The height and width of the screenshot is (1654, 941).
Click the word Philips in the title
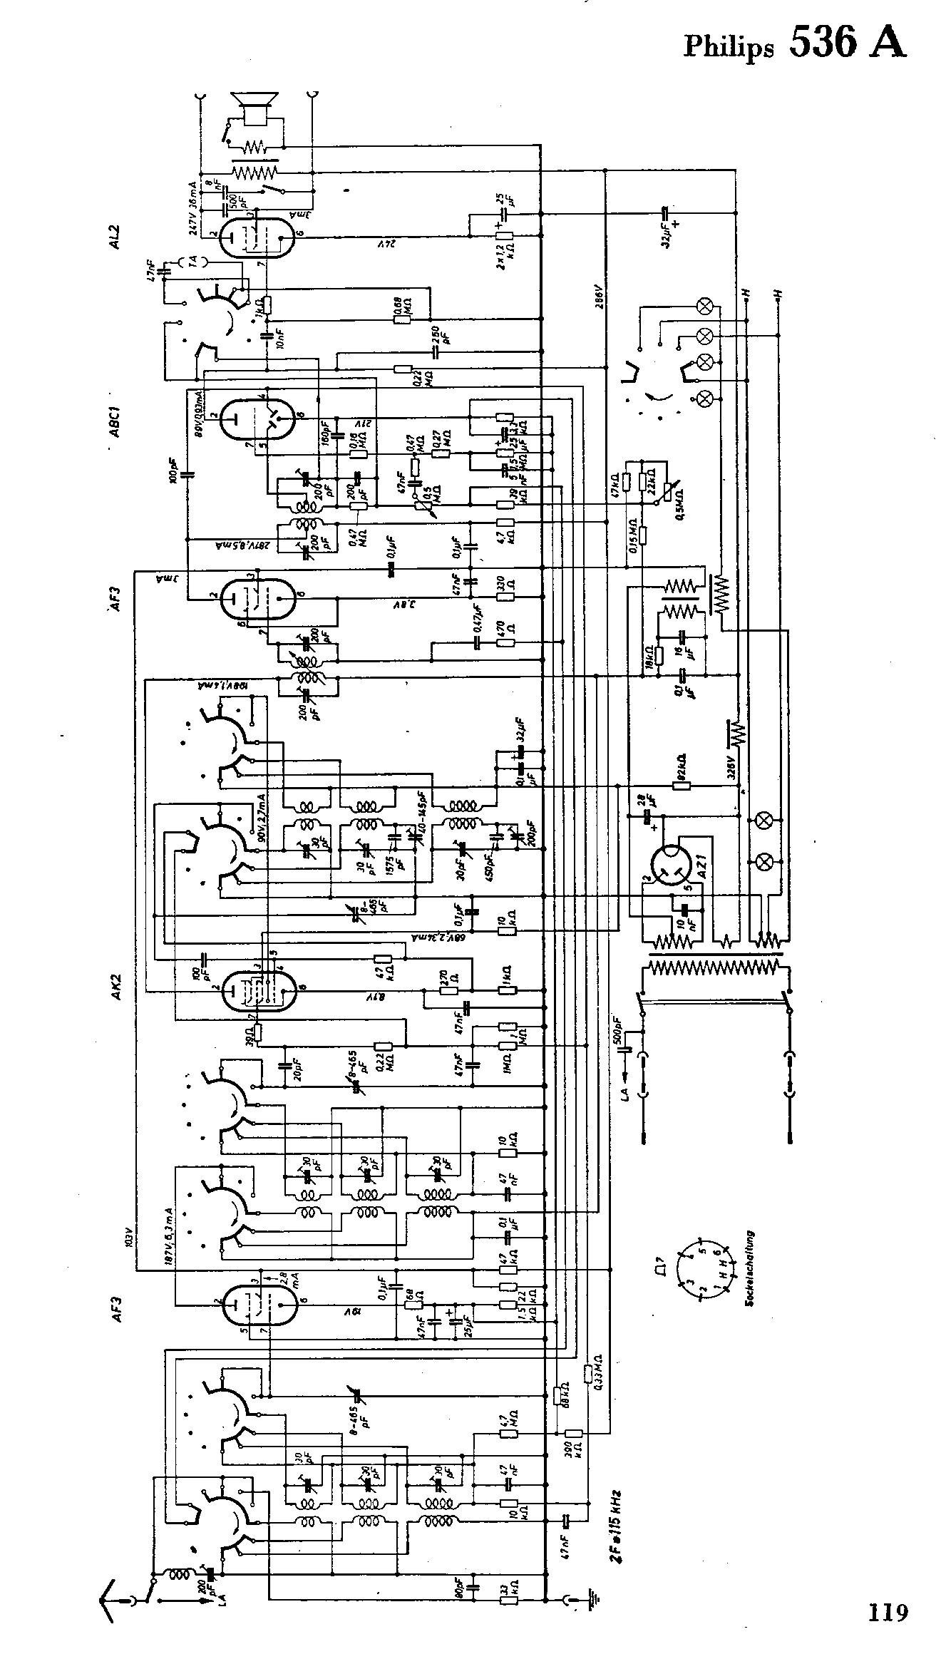pyautogui.click(x=728, y=47)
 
